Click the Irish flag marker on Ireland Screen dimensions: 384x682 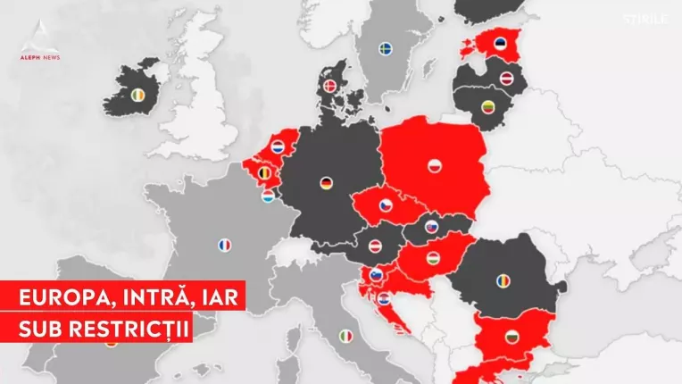point(137,95)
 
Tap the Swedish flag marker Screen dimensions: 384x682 point(387,46)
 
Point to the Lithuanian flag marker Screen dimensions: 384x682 point(489,105)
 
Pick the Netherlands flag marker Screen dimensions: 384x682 point(278,146)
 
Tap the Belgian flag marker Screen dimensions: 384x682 point(264,172)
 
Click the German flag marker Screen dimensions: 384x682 point(328,185)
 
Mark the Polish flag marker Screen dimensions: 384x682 point(433,166)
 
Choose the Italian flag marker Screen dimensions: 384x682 point(346,336)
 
